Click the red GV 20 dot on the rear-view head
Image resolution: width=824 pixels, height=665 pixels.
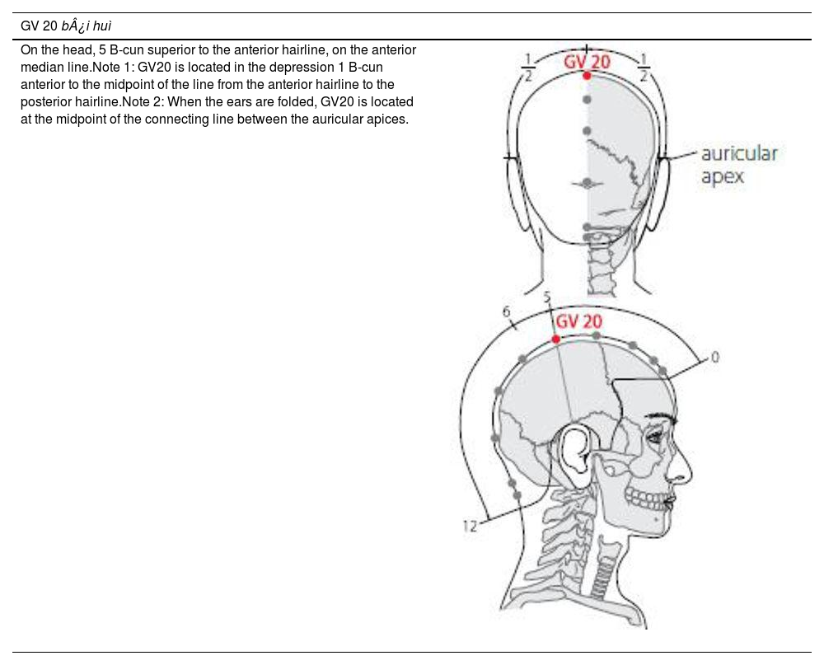pos(587,76)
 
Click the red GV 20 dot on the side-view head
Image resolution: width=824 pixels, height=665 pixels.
pos(556,340)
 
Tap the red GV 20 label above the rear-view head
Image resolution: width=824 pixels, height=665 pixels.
pos(587,62)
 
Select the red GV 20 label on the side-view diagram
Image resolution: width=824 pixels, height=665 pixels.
pos(579,321)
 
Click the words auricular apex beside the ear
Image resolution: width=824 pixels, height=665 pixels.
pos(738,165)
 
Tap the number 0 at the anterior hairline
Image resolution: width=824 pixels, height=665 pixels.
pos(714,358)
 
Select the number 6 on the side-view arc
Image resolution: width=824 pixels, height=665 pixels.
pos(506,311)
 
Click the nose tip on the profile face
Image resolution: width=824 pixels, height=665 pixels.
pos(688,478)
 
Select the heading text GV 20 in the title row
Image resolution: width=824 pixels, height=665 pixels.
pos(39,26)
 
